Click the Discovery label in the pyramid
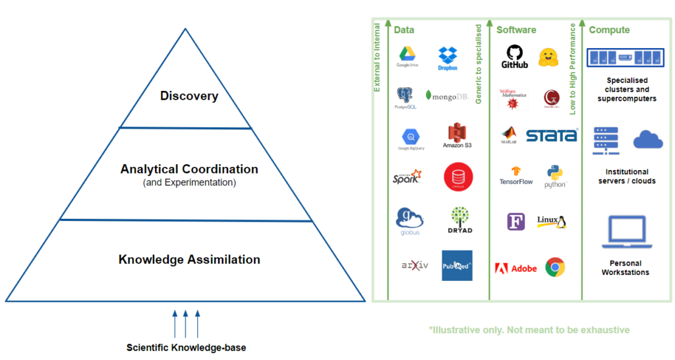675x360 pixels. [189, 96]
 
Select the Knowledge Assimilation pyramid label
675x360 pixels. [189, 259]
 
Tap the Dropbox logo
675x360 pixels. [448, 59]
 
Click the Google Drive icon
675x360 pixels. [407, 56]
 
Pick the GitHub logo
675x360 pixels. [515, 57]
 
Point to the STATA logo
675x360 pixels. [552, 136]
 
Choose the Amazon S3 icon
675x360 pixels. [457, 135]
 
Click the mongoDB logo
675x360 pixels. [447, 96]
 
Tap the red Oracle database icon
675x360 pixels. [458, 177]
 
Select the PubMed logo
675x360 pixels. [457, 265]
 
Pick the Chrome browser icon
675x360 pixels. [555, 267]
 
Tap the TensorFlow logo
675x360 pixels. [516, 174]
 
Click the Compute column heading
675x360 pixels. [609, 30]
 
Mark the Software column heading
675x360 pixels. [516, 30]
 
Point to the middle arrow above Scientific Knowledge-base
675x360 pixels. [186, 323]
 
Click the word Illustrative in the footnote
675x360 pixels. [455, 330]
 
